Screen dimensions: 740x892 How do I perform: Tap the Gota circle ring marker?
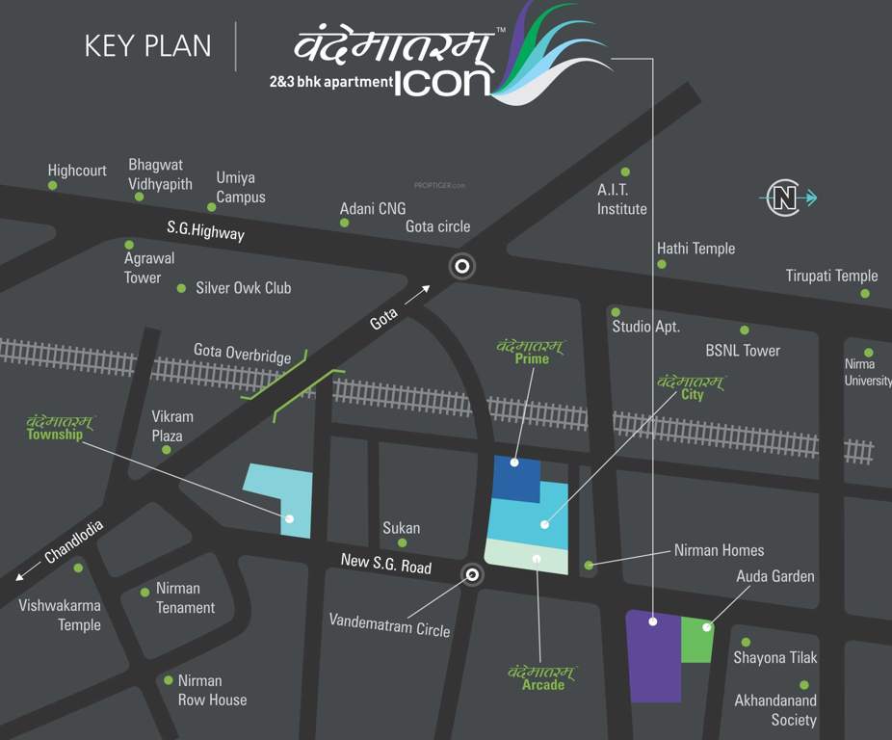click(462, 267)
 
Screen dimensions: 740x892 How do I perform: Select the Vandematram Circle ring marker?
click(472, 575)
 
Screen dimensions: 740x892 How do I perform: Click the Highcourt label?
click(77, 171)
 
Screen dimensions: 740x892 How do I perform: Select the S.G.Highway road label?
click(205, 231)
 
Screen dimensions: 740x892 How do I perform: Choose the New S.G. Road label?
click(386, 564)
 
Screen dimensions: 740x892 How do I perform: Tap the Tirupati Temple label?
click(831, 276)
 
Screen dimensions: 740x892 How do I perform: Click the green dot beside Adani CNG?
click(344, 223)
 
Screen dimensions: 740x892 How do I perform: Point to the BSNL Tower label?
click(743, 351)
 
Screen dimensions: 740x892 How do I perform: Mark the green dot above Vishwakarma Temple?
click(78, 568)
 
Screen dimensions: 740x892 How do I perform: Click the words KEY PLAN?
click(147, 46)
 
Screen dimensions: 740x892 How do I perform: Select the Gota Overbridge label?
click(242, 354)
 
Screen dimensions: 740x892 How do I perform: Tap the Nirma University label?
click(867, 372)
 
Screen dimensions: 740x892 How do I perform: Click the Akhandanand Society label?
click(775, 710)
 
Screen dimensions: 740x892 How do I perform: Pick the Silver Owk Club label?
click(243, 288)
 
